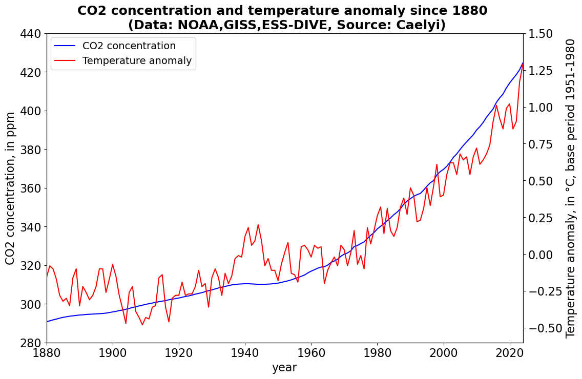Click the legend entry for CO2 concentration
point(129,46)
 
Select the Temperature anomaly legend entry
point(137,61)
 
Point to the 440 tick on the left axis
point(33,34)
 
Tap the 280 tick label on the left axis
point(33,343)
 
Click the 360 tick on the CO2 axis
point(33,188)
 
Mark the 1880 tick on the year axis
point(47,353)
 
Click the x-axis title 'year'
point(284,367)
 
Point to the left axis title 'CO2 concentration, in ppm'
point(11,188)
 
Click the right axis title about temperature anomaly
point(571,188)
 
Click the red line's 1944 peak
point(258,224)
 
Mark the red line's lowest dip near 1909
point(142,325)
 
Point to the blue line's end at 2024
point(523,62)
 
